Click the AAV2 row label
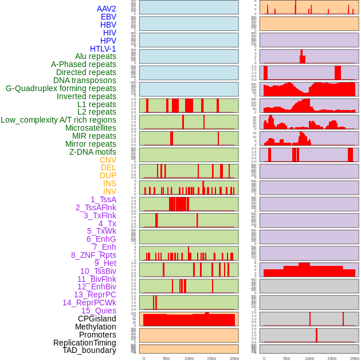click(107, 9)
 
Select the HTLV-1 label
click(103, 49)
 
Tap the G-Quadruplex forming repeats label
click(61, 88)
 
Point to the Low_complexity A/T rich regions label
click(58, 120)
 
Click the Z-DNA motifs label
click(93, 152)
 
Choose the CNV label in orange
click(108, 160)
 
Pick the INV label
click(109, 191)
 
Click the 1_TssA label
click(103, 199)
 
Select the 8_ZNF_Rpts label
click(93, 255)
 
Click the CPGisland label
click(97, 319)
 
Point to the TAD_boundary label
click(89, 350)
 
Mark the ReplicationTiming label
click(85, 343)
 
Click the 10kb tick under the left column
click(189, 358)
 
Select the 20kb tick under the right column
click(355, 358)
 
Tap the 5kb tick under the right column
click(287, 358)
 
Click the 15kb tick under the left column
click(211, 358)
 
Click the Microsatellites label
click(91, 128)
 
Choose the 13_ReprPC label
click(95, 295)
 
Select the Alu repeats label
click(96, 56)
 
